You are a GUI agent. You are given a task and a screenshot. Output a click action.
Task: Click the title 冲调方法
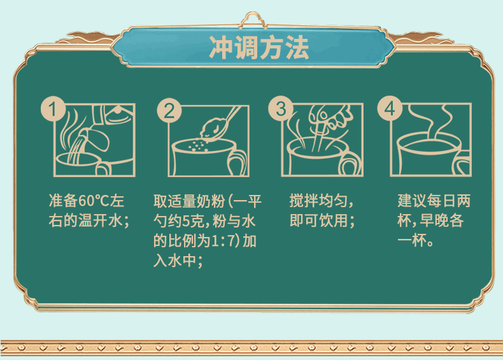coord(259,48)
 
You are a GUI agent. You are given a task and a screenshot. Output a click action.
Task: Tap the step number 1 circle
coord(53,108)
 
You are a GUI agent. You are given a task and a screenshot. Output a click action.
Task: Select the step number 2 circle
coord(169,110)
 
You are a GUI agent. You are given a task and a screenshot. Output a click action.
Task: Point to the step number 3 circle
coord(281,108)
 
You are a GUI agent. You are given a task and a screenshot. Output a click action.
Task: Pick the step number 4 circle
coord(390,108)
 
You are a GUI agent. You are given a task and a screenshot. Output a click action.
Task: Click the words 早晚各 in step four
coord(442,220)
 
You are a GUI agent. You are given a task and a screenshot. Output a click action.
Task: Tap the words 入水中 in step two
coord(174,261)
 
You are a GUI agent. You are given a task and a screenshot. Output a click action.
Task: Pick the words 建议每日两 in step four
coord(434,201)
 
